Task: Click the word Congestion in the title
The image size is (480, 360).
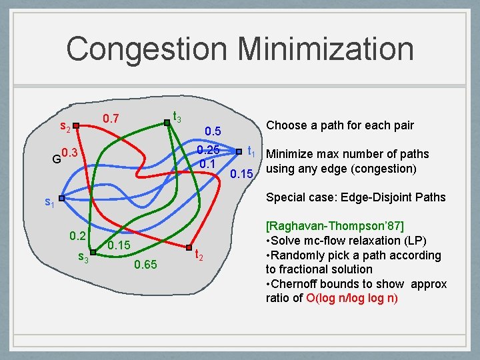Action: click(147, 49)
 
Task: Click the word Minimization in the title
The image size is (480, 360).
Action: click(325, 49)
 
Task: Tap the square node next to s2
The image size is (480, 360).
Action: click(77, 125)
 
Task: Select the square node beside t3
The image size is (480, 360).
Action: click(166, 122)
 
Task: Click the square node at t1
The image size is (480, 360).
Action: click(238, 151)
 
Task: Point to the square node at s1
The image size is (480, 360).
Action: click(61, 198)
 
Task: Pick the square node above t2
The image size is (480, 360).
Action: click(189, 247)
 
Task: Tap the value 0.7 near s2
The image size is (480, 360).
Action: click(111, 119)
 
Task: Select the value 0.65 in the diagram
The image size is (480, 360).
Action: click(145, 265)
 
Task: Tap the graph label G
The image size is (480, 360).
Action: click(56, 159)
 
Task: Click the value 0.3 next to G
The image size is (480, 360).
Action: click(69, 153)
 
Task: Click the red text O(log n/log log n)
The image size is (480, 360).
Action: click(352, 297)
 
